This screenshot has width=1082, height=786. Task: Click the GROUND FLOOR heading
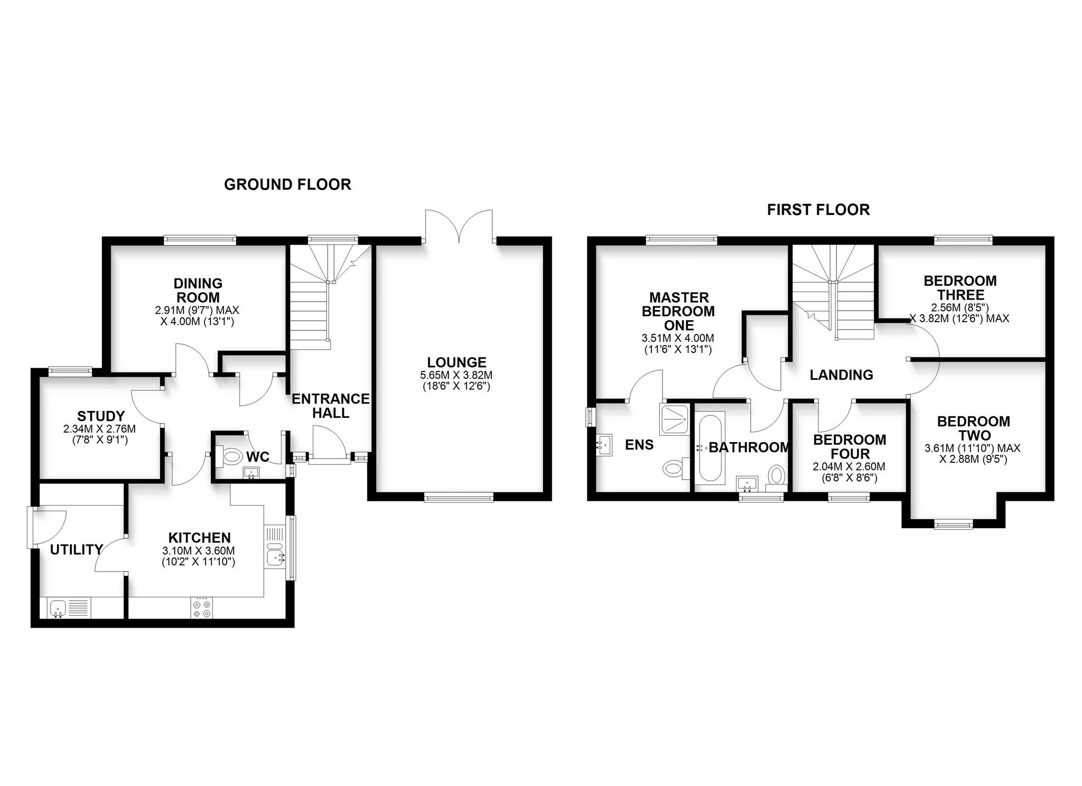click(x=287, y=184)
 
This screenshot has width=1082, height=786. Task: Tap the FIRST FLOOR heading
click(x=818, y=210)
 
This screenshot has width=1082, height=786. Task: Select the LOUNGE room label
click(x=456, y=362)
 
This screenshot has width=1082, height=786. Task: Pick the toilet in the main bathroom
click(x=777, y=474)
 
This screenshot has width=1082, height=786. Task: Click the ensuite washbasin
click(x=604, y=445)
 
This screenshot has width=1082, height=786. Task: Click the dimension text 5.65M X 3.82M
click(x=456, y=376)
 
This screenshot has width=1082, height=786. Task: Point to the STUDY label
click(x=101, y=416)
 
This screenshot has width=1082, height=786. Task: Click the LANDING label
click(x=841, y=375)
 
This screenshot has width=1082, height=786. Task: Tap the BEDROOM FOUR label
click(x=850, y=446)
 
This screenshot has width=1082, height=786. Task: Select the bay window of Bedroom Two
click(x=953, y=525)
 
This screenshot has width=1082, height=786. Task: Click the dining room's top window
click(x=200, y=240)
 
